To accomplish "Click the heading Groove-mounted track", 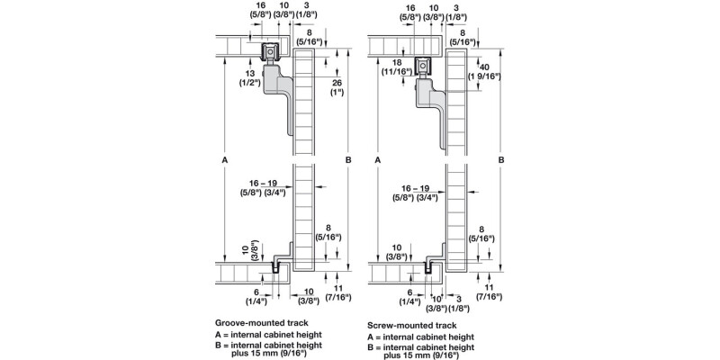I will tap(260, 323).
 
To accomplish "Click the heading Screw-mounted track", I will tap(412, 325).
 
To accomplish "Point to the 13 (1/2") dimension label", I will tap(248, 77).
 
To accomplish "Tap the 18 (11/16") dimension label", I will tap(397, 67).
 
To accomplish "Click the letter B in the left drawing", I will tap(348, 160).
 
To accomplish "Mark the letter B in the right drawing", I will tap(501, 160).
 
